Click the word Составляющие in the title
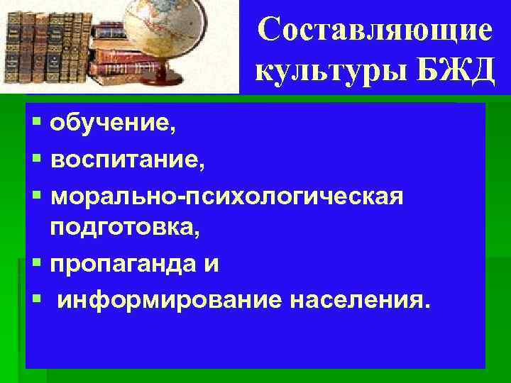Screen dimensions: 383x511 click(375, 30)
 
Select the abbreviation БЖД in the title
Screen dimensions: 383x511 click(455, 72)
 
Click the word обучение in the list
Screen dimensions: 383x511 click(109, 126)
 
